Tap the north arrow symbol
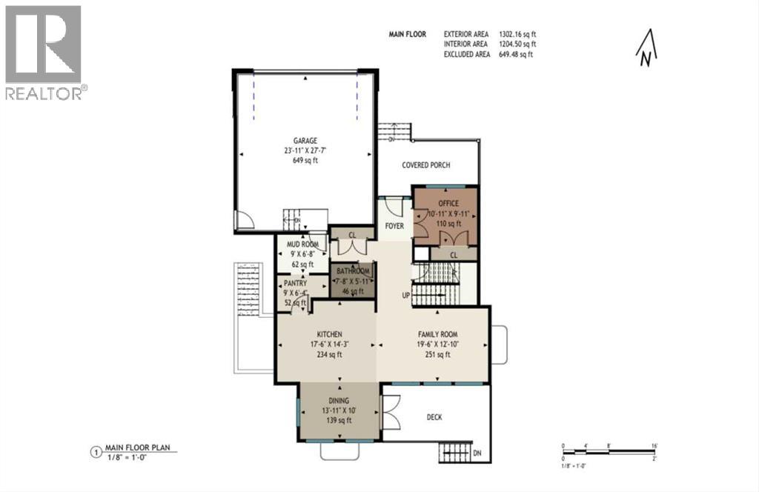coord(647,48)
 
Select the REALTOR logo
coord(44,53)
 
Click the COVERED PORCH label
coord(426,165)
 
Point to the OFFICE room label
coord(448,203)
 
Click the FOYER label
coord(394,225)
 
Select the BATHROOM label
coord(355,272)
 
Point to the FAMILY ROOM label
coord(434,333)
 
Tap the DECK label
coord(434,417)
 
